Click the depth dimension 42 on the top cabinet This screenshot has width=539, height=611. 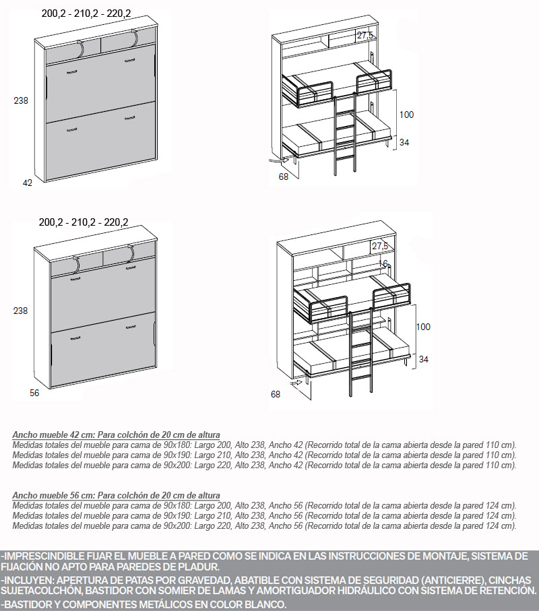point(28,183)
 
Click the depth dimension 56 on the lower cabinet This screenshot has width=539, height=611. point(34,393)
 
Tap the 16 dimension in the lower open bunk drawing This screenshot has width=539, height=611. point(383,263)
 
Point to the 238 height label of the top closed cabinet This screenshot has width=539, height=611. point(21,100)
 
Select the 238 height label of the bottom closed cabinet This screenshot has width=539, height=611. point(21,311)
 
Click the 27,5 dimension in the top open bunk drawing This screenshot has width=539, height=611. point(365,35)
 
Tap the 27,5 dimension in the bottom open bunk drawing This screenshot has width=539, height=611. point(380,246)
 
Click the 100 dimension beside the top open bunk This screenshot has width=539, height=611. point(406,115)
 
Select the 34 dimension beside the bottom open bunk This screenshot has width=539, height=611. point(423,359)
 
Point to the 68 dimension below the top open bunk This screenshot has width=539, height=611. point(284,176)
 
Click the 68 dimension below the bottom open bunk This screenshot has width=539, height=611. point(276,394)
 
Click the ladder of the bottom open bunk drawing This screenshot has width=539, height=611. point(361,351)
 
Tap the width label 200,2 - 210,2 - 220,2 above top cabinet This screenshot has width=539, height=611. point(86,13)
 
